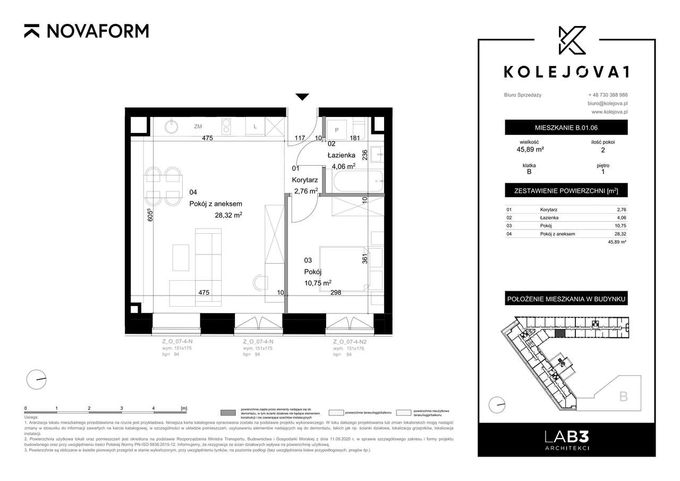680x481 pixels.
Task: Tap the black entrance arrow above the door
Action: coord(302,97)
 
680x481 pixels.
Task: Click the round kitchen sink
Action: coord(172,126)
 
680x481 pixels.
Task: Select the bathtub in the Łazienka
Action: coord(355,182)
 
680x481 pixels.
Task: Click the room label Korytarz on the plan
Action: coord(304,180)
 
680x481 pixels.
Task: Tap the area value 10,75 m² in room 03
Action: coord(318,283)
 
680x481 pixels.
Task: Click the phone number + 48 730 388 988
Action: coord(608,95)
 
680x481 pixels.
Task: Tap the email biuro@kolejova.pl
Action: coord(608,103)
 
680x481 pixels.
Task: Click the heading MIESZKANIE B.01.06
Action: coord(566,128)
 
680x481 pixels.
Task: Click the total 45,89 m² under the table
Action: coord(617,242)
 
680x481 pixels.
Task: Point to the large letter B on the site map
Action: coord(624,396)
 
